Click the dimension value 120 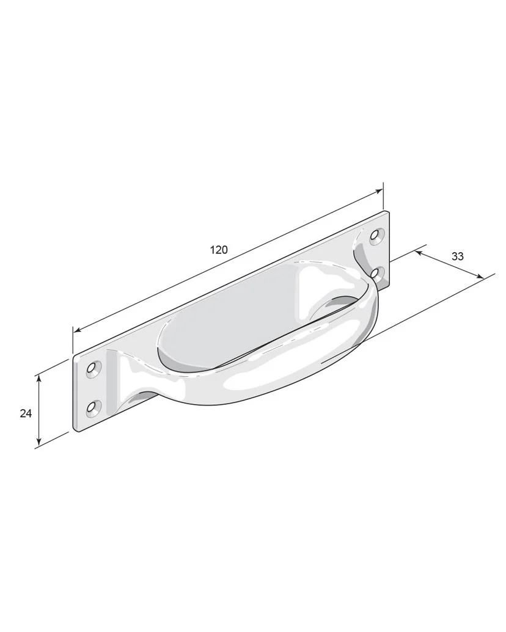pos(219,250)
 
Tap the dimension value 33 pos(458,256)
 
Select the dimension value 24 pos(26,413)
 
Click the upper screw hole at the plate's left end pos(94,368)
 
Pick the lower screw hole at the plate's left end pos(92,408)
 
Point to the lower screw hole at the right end pos(376,273)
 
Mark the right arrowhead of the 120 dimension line pos(378,191)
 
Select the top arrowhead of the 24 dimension pos(38,379)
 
